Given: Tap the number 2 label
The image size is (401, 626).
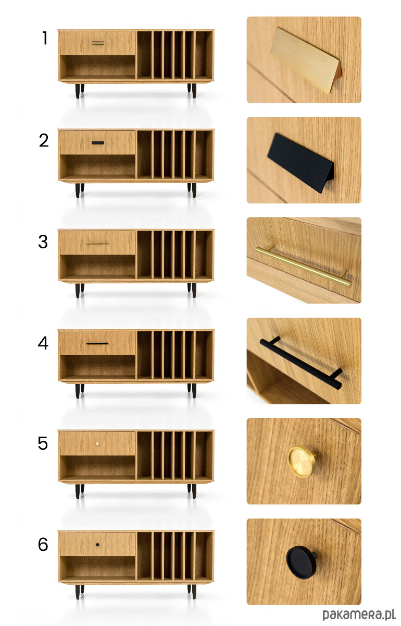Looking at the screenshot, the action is click(x=44, y=140).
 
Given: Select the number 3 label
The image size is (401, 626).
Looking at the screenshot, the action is click(x=43, y=242).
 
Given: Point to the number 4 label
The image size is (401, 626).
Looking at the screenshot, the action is click(x=43, y=343).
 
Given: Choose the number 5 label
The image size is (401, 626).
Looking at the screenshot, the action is click(x=43, y=443).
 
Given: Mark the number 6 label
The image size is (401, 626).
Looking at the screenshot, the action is click(x=43, y=545).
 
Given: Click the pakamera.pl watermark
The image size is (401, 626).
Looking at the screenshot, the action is click(x=359, y=614).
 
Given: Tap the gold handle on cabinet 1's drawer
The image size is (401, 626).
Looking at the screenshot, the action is click(x=98, y=43).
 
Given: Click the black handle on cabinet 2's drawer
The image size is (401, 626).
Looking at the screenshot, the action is click(x=98, y=143).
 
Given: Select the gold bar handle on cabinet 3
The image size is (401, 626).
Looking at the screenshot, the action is click(x=97, y=243).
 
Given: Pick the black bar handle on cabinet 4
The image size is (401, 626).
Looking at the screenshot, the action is click(x=97, y=343).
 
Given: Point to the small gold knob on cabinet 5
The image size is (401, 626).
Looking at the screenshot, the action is click(x=97, y=443).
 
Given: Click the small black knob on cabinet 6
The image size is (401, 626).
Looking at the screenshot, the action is click(x=97, y=545).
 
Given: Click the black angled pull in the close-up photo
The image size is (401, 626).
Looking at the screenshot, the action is click(x=300, y=163).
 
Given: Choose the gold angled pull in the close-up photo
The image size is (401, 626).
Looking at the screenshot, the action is click(x=306, y=60).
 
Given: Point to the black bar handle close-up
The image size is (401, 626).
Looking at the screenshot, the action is click(x=301, y=363).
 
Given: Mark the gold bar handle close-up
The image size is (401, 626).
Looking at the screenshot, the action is click(x=303, y=266).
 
